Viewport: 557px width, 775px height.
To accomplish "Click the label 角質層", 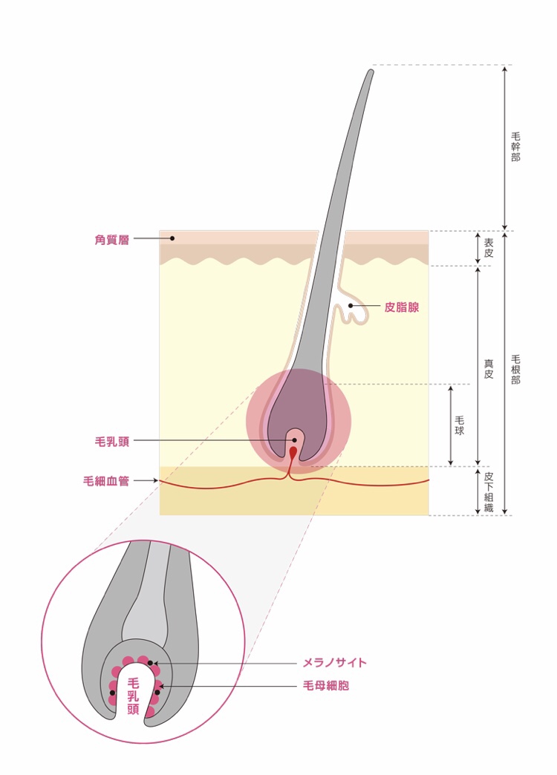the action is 112,240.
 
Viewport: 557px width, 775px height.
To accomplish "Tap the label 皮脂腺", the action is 402,307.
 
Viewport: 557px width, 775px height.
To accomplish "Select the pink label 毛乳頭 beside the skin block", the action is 112,442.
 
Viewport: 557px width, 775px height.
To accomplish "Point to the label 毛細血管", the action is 106,481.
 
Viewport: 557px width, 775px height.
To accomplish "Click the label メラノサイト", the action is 335,662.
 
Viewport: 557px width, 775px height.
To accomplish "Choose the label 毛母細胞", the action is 326,685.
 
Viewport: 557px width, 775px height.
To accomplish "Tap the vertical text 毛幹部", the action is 515,147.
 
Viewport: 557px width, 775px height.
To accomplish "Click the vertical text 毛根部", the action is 515,369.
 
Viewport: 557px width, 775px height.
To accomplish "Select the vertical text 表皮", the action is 488,248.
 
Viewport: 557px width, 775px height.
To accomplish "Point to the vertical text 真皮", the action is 488,369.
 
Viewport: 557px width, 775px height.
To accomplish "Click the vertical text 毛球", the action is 460,425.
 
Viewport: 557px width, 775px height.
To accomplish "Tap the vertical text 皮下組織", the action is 488,491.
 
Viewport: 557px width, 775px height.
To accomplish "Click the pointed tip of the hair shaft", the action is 371,71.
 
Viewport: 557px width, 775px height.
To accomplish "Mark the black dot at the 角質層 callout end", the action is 172,238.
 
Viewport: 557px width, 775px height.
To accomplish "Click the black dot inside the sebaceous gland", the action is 351,306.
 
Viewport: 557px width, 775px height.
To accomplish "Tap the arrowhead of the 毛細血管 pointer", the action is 155,480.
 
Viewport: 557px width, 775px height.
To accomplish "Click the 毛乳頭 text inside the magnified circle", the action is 133,696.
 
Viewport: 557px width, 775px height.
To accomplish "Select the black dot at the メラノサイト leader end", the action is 150,663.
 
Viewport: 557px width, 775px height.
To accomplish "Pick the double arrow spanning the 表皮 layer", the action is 478,248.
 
